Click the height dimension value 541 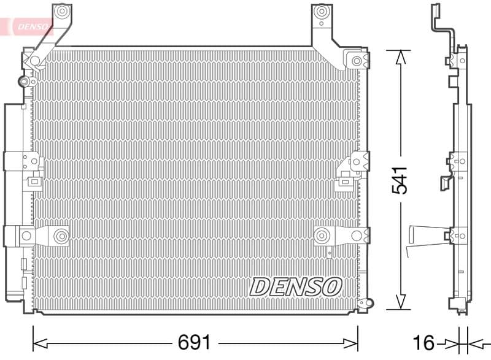(x=400, y=180)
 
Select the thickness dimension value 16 (x=423, y=342)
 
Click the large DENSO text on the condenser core (x=296, y=286)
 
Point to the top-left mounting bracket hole (x=60, y=12)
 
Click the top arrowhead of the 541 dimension (x=400, y=57)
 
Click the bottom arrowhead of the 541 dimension (x=400, y=302)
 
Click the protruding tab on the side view (x=423, y=235)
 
